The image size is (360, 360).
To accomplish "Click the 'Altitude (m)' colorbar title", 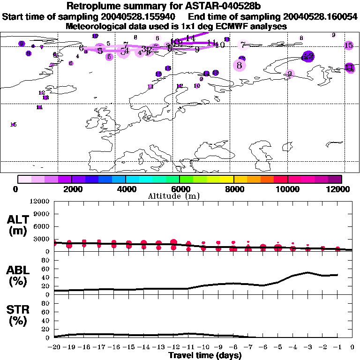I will pos(180,196).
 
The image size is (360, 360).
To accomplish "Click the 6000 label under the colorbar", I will pos(180,189).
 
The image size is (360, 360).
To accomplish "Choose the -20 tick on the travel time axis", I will pos(55,347).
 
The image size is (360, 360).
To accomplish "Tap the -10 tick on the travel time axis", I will pos(204,347).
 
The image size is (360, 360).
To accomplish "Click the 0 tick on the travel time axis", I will pos(352,347).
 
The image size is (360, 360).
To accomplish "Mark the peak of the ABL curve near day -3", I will pos(307,272).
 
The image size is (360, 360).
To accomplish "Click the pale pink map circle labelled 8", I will pos(240,65).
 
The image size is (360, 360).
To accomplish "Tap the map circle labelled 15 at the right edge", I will pos(349,45).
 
